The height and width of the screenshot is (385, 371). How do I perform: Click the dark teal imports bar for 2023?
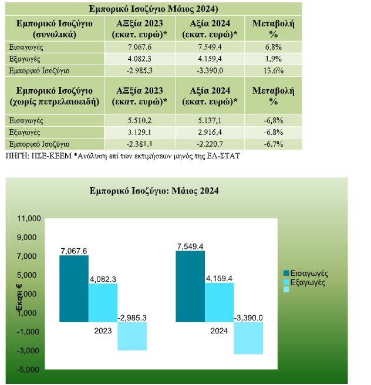tap(74, 289)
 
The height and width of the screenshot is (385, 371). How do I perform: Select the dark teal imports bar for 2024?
tap(190, 286)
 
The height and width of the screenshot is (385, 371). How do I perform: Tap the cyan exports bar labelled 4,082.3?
tap(103, 303)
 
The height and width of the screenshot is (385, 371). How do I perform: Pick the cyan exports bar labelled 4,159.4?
tap(220, 302)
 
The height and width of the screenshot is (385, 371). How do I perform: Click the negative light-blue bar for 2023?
tap(132, 336)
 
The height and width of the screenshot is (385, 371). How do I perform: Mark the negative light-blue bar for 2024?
tap(248, 338)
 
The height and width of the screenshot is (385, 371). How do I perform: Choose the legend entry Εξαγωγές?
tap(305, 282)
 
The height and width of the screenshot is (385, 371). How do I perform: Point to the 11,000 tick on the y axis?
tap(29, 218)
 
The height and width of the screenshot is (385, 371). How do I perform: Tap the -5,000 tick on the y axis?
tap(28, 369)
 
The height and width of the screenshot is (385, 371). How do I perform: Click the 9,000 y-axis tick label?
tap(27, 237)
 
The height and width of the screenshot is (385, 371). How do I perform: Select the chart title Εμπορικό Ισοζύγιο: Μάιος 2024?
tap(154, 191)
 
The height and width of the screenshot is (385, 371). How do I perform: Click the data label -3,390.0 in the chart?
tap(248, 318)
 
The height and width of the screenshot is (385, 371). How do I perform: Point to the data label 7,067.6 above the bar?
tap(74, 251)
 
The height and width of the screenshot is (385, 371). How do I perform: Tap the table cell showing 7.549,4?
tap(210, 47)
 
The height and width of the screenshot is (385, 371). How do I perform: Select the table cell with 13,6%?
tap(274, 70)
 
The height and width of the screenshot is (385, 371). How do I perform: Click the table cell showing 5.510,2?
tap(140, 120)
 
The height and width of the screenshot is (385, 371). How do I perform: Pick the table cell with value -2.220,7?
tap(210, 144)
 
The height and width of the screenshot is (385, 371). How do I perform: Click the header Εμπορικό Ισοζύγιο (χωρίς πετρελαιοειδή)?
tap(55, 96)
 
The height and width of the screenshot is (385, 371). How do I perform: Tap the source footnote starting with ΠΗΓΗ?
tap(123, 156)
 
